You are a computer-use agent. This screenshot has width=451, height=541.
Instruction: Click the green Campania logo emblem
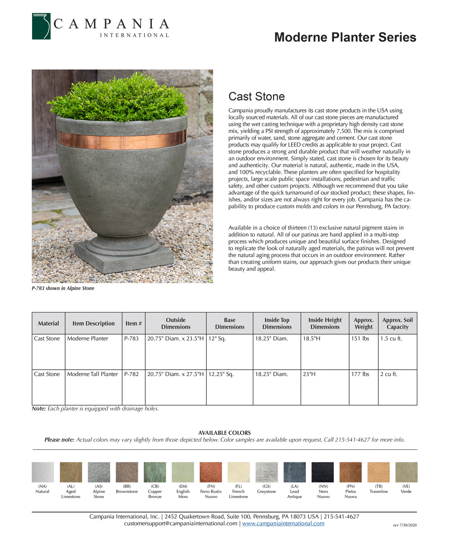click(41, 26)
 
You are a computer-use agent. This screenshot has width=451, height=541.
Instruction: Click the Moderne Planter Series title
click(345, 37)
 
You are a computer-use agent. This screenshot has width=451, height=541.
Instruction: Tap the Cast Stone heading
click(257, 96)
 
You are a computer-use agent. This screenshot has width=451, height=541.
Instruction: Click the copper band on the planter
click(122, 140)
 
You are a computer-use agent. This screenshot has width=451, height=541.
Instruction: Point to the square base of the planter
click(124, 257)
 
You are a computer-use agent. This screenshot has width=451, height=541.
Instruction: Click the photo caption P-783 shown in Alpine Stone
click(63, 288)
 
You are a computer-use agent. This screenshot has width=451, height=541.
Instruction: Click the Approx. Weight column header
click(363, 324)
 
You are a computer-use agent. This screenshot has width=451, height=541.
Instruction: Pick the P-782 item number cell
click(131, 374)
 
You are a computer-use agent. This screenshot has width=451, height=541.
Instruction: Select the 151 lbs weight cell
click(360, 339)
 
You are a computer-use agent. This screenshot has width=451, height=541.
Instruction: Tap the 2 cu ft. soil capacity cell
click(389, 374)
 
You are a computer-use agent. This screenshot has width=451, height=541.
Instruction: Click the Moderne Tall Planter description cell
click(92, 374)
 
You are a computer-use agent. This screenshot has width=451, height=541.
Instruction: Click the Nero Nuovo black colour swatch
click(323, 472)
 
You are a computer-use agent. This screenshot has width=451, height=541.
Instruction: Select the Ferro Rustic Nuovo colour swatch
click(211, 472)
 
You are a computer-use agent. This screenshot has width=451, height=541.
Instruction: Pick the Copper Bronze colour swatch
click(155, 472)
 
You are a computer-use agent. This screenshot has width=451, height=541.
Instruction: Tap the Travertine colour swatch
click(378, 472)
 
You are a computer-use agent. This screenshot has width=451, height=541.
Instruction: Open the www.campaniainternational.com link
click(283, 523)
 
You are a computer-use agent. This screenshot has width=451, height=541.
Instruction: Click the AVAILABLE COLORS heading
click(224, 433)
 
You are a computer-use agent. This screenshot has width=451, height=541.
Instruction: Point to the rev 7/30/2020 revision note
click(405, 525)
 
